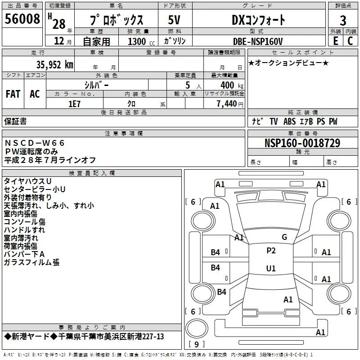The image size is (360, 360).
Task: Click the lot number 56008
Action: [x=22, y=19]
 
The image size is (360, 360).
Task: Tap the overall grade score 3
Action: [x=343, y=21]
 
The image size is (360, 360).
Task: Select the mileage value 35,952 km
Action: [x=54, y=65]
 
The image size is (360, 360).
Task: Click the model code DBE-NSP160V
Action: [x=258, y=41]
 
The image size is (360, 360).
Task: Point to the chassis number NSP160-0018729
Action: [x=302, y=143]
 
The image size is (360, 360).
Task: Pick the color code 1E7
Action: [x=74, y=104]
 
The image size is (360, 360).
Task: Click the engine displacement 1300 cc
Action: [x=141, y=41]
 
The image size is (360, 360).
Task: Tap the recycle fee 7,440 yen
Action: [x=230, y=104]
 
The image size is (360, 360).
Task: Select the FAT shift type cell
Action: [x=13, y=94]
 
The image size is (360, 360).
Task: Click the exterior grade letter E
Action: [x=335, y=41]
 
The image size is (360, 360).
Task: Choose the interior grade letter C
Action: [x=350, y=41]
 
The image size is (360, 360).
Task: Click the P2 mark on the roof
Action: [x=271, y=251]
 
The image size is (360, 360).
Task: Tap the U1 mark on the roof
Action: [x=271, y=268]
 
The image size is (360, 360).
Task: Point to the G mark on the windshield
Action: [x=284, y=237]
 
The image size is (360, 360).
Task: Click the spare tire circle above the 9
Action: [x=197, y=328]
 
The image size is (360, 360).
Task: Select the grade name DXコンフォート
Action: [x=258, y=20]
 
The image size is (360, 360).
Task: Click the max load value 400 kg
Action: [x=232, y=85]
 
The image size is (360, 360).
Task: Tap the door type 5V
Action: [x=174, y=20]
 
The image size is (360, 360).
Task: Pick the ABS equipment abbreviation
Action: [x=289, y=121]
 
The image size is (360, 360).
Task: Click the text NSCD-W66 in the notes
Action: [x=35, y=143]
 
